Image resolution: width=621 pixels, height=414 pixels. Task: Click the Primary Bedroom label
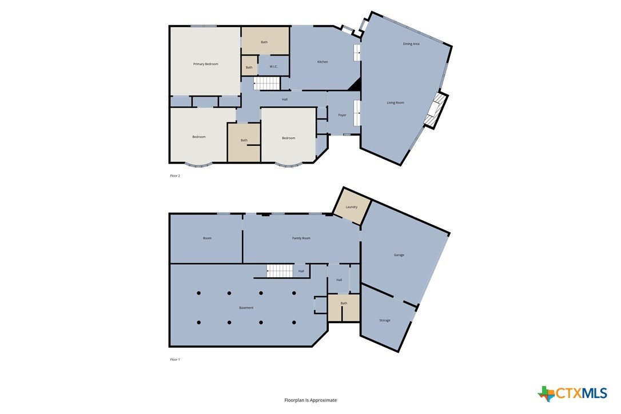[x=205, y=64]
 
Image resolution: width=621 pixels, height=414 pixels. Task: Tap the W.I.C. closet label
[x=274, y=66]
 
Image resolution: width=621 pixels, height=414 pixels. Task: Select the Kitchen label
[x=323, y=62]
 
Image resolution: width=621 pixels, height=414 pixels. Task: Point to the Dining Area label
[x=411, y=43]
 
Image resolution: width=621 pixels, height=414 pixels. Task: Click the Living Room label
[x=395, y=102]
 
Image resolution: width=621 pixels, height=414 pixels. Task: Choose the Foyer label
[x=342, y=115]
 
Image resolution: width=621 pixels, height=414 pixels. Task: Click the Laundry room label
[x=351, y=207]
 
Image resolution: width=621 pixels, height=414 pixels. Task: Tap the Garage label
[x=399, y=254]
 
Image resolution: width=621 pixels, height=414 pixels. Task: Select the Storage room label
[x=385, y=320]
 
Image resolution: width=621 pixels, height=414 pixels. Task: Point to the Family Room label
[x=301, y=238]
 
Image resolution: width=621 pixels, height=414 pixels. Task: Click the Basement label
[x=246, y=308]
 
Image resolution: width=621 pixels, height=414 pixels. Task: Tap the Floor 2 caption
[x=174, y=176]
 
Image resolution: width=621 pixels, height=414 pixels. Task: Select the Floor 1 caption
[x=174, y=359]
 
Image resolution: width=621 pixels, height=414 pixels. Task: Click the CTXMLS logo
[x=572, y=393]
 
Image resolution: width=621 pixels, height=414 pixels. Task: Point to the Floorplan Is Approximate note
[x=310, y=400]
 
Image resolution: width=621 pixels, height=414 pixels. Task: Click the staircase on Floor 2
[x=267, y=83]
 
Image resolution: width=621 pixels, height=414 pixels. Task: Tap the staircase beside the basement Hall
[x=280, y=271]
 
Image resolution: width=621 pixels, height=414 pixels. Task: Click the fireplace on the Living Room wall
[x=435, y=110]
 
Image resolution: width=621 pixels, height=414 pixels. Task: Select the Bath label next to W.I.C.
[x=249, y=67]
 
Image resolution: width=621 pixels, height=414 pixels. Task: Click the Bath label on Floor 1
[x=344, y=303]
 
